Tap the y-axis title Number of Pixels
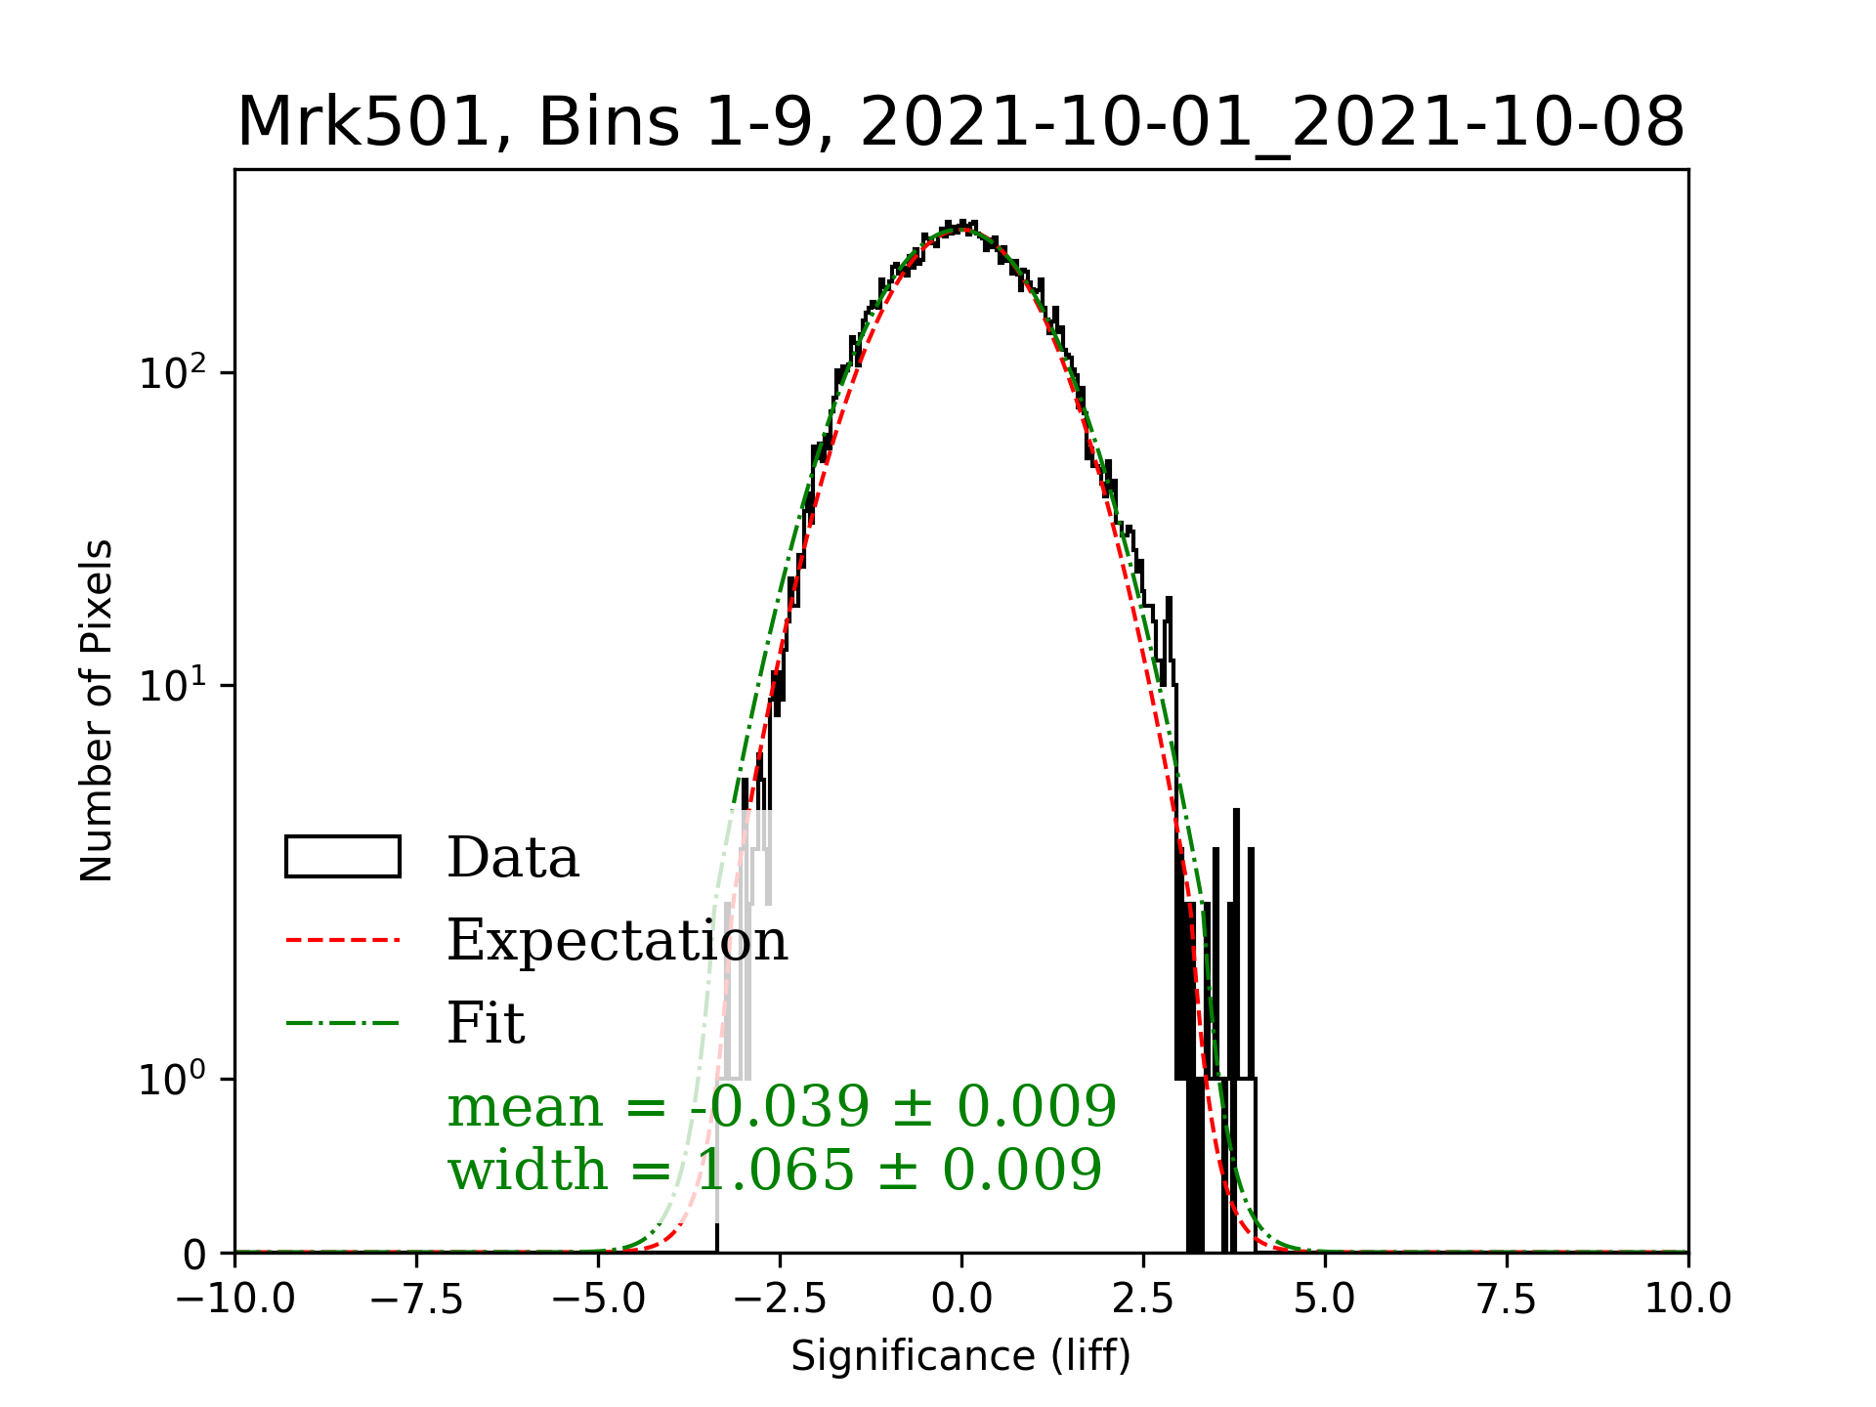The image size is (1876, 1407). [x=97, y=710]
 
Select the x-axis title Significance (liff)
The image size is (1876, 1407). [x=960, y=1356]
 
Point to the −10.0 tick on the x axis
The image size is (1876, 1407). [x=235, y=1300]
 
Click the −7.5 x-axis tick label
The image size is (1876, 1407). [x=417, y=1300]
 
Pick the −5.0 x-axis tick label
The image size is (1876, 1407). [x=599, y=1300]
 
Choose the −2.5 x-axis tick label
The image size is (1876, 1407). [x=781, y=1300]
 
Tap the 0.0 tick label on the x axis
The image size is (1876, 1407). [x=961, y=1300]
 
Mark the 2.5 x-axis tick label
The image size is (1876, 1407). [x=1143, y=1300]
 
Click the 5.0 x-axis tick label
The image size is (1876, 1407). [x=1325, y=1300]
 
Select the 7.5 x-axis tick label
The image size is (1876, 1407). [x=1507, y=1300]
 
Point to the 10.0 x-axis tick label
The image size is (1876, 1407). [x=1687, y=1300]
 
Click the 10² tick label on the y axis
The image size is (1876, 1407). [x=173, y=373]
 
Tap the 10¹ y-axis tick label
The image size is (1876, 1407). [x=173, y=686]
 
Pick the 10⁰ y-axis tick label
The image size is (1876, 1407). [x=173, y=1080]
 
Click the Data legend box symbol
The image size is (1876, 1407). [x=343, y=857]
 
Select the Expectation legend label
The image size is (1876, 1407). [x=617, y=941]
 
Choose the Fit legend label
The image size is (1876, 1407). [x=486, y=1024]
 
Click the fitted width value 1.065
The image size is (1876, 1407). [x=787, y=1170]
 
